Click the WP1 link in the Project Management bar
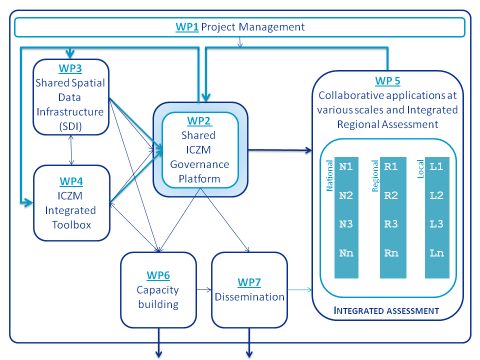click(x=187, y=27)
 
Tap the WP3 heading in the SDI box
click(x=70, y=69)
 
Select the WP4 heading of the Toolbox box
click(x=70, y=180)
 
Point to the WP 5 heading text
click(x=387, y=80)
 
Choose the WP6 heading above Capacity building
click(x=158, y=275)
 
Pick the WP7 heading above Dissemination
click(x=249, y=282)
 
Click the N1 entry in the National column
click(x=346, y=166)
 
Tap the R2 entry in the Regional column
click(x=391, y=195)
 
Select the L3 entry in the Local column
click(x=436, y=224)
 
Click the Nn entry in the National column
click(x=346, y=253)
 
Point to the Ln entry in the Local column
click(x=436, y=253)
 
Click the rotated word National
click(x=329, y=175)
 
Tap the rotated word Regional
click(x=375, y=175)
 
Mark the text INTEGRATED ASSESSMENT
click(x=386, y=311)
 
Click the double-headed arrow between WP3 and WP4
click(x=71, y=150)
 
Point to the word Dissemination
click(x=249, y=296)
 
